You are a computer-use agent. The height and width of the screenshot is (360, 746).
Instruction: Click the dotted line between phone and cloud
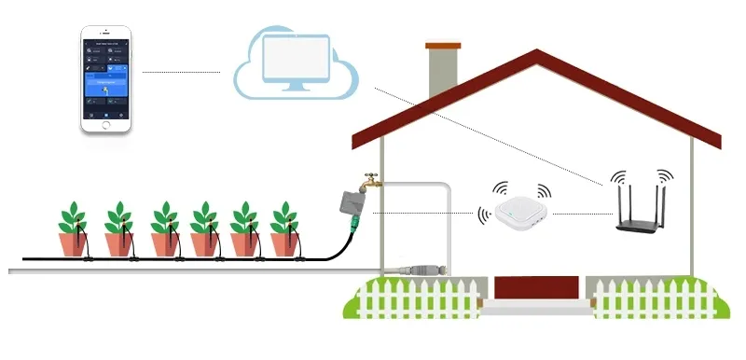(182, 71)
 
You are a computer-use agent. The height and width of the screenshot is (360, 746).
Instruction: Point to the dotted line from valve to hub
(424, 212)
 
